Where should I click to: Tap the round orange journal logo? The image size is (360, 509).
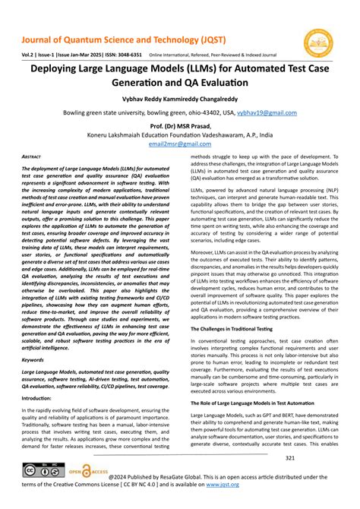[318, 43]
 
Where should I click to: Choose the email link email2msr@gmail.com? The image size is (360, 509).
[180, 143]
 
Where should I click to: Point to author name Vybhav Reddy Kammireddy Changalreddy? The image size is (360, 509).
[180, 98]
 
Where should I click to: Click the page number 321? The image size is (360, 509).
[290, 458]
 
